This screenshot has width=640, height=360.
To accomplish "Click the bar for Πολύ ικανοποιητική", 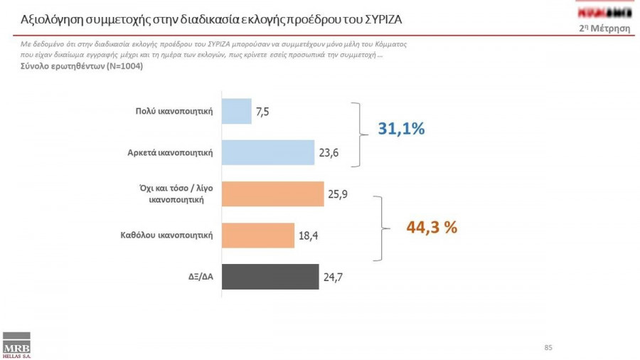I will (x=237, y=111).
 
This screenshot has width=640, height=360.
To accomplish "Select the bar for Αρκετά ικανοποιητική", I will (x=268, y=152).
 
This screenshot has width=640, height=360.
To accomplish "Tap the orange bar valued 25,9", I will (x=273, y=194).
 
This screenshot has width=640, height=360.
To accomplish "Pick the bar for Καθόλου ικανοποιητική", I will (x=258, y=235).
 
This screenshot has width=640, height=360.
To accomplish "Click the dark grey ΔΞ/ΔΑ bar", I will (x=270, y=277).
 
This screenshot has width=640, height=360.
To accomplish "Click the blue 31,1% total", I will (x=400, y=129).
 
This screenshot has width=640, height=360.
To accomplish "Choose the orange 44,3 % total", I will (x=431, y=228).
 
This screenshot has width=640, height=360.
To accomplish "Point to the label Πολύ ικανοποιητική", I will (x=175, y=111).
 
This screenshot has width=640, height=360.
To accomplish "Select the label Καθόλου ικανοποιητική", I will (x=168, y=235).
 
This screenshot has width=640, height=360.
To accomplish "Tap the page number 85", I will (x=548, y=348).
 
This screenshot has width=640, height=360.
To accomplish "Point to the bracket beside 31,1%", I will (x=358, y=132).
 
